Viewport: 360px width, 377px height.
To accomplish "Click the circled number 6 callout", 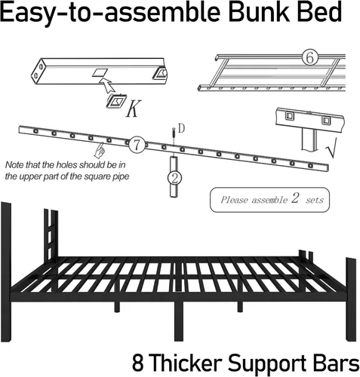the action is tap(310, 57).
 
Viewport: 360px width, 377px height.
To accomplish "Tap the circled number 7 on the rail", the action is tap(137, 145).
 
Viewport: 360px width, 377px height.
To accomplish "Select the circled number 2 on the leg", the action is tap(174, 178).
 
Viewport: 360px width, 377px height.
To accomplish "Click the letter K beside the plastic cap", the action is tap(133, 109).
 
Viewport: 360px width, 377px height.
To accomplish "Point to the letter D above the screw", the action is tap(181, 128).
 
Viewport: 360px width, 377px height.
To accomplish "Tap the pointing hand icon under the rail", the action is tap(100, 150).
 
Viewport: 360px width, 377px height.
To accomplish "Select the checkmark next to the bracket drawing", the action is tap(331, 148).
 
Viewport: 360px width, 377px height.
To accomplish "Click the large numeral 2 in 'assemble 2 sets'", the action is tap(295, 198).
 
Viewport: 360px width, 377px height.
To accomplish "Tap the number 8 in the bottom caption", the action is tap(138, 363).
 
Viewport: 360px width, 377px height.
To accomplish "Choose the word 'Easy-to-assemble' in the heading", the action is tap(110, 14).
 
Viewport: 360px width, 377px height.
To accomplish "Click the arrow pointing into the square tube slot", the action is tap(107, 84).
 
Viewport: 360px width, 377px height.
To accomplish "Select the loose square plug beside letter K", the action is tap(116, 101).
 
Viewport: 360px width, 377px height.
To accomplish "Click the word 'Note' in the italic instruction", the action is tap(14, 165).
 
